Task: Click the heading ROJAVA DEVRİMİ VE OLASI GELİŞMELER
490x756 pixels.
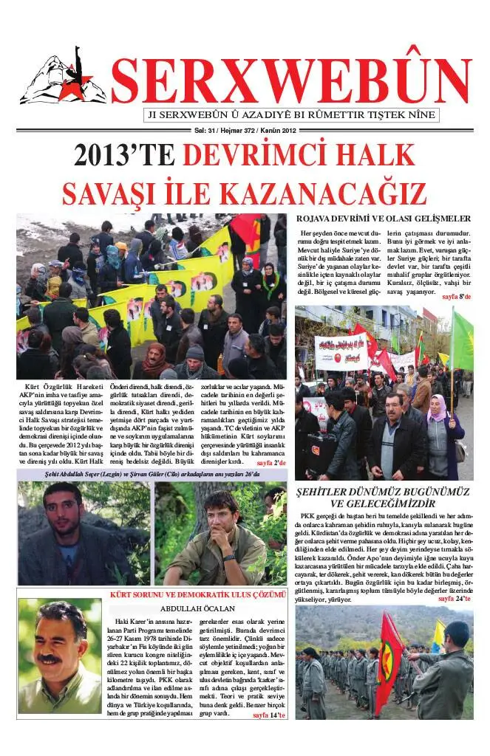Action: click(x=383, y=219)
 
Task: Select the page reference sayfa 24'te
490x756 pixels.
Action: click(x=454, y=599)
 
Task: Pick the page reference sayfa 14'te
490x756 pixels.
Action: click(x=268, y=715)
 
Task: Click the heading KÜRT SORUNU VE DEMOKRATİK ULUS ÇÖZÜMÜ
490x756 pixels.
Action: click(x=197, y=594)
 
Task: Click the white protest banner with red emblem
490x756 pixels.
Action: click(x=341, y=351)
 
